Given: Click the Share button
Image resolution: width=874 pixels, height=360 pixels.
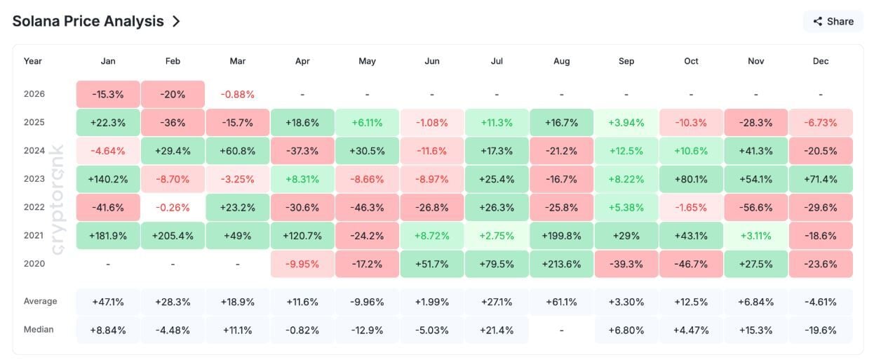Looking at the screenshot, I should (833, 21).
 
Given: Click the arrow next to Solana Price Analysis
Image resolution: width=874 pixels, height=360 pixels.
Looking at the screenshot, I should (176, 21).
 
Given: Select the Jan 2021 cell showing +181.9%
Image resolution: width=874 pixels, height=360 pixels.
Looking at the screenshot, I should (108, 236).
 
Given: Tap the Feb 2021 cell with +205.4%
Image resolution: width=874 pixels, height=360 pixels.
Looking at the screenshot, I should (173, 236).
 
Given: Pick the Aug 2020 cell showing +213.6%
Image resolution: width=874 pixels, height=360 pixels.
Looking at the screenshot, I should (561, 264).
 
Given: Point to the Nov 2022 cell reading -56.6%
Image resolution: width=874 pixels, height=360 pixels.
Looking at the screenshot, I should (755, 207).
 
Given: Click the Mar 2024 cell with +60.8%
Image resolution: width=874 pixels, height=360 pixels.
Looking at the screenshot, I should (238, 151).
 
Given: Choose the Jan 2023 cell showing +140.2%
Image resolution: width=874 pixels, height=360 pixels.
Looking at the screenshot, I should (108, 179).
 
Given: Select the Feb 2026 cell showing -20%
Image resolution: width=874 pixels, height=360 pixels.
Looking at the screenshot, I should (173, 94).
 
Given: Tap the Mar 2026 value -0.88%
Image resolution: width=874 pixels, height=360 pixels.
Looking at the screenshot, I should (238, 94).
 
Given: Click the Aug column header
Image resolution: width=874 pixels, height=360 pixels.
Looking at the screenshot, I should (561, 61).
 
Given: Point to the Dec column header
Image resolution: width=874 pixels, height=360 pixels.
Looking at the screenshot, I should (821, 61).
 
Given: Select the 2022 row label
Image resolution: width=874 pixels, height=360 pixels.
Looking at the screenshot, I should (34, 207).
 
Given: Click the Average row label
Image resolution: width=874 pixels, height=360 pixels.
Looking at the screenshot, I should (40, 301).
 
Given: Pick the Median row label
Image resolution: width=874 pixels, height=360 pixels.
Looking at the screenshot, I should (39, 329).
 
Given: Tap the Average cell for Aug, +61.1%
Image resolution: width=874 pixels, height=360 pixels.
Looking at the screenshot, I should (561, 302).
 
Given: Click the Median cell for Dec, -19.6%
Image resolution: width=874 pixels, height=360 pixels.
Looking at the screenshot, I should (821, 330).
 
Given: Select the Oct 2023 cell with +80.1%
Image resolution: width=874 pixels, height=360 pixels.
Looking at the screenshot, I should (691, 179).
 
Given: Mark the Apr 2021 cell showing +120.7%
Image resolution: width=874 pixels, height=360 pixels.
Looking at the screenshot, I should (302, 236).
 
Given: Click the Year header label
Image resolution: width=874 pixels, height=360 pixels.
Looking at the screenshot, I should (33, 61).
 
